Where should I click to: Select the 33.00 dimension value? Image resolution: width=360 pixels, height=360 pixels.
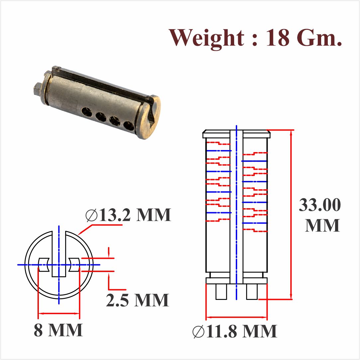point(319,205)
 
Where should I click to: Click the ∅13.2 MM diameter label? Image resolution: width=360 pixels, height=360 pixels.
point(128,215)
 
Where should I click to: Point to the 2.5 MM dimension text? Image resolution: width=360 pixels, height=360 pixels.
point(137,300)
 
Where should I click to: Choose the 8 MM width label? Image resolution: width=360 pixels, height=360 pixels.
point(58,330)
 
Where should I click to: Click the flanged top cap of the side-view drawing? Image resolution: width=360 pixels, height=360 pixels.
point(236,135)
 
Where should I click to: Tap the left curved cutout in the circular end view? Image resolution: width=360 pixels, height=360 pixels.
point(44,264)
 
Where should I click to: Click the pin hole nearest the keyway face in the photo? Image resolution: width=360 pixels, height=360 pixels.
point(129,125)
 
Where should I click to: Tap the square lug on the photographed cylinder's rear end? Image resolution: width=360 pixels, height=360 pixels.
point(38,89)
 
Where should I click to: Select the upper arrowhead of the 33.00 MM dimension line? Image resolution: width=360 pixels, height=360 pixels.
point(292,133)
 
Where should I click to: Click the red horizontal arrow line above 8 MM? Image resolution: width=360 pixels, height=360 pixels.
point(59,313)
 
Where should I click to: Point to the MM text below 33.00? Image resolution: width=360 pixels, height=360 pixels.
point(322,225)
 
